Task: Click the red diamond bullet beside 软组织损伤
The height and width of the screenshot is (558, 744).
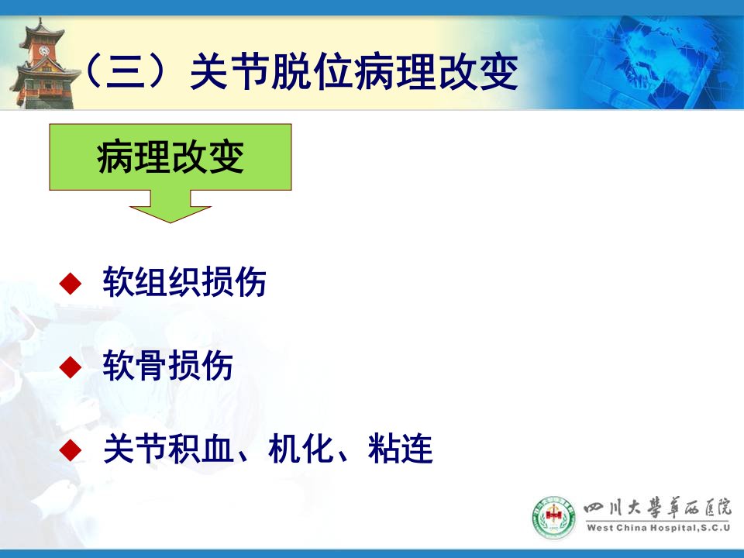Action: coord(71,284)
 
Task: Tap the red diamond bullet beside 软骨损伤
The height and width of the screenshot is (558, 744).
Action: coord(71,367)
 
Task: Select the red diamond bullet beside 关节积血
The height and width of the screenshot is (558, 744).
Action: coord(71,449)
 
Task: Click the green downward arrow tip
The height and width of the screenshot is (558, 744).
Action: coord(170,222)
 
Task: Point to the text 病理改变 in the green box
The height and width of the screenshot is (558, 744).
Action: coord(170,157)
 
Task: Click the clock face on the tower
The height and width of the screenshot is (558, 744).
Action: coord(44,50)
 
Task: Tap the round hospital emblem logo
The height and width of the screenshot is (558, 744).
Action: coord(553,517)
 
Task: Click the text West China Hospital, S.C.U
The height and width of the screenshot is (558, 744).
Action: coord(658,528)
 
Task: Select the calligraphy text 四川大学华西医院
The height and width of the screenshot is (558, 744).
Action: coord(658,508)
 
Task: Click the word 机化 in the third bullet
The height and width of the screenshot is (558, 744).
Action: coord(301,449)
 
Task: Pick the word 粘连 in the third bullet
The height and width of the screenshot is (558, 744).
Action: coord(401,449)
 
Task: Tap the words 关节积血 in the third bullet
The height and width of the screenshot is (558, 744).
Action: coord(168,449)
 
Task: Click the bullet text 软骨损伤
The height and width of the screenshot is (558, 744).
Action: coord(168,365)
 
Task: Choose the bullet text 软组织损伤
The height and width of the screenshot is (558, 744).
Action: coord(184,282)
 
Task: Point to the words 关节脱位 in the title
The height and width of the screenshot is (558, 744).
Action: coord(271,71)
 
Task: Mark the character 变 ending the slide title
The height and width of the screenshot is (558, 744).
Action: coord(498,71)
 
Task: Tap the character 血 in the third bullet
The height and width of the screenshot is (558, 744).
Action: coord(218,449)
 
